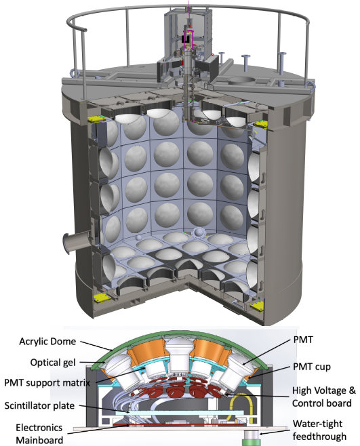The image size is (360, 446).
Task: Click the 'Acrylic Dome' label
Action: coord(47,342)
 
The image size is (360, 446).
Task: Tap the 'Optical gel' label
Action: coord(53,363)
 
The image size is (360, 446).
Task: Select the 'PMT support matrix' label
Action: coord(47,383)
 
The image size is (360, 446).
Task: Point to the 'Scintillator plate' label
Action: coord(39,405)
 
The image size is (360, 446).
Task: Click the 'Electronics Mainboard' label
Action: coord(39,434)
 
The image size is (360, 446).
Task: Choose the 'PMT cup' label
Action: coord(312,367)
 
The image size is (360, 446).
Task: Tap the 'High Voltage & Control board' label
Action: coord(324,397)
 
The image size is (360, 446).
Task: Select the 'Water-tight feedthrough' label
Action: coord(319,430)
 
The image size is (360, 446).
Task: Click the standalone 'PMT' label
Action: coord(303,340)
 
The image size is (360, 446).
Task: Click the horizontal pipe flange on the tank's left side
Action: coord(75,243)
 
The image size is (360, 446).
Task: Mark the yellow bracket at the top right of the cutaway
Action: coord(261,124)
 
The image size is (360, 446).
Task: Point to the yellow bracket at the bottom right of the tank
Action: coord(257,306)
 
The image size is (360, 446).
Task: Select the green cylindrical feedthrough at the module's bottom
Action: coord(251,439)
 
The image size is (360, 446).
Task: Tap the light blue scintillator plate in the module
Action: coord(180,412)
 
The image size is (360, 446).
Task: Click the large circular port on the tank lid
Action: coord(243,81)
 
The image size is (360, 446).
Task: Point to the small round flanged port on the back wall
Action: coord(199,233)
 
